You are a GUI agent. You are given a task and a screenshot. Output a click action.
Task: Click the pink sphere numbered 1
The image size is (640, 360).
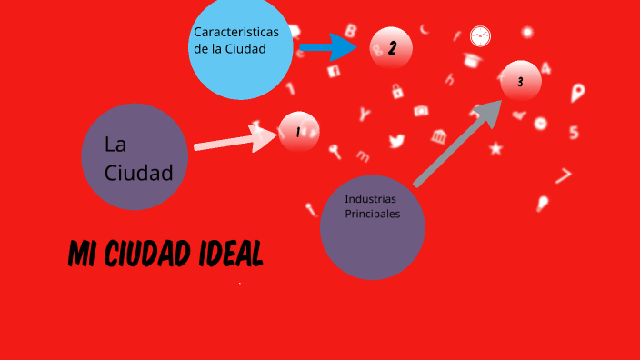point(298,132)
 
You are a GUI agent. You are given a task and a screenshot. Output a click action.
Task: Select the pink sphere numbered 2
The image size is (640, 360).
point(392,49)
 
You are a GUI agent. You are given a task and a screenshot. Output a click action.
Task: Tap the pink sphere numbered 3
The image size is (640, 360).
point(520,82)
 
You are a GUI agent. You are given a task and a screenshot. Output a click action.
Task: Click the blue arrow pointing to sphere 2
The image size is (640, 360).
point(327,45)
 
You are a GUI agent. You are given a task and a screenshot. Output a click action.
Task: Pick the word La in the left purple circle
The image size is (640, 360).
point(115,145)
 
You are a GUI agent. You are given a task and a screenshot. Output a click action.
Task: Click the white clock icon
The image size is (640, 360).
point(480,36)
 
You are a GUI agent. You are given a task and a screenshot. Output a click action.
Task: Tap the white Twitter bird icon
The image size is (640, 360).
point(396,141)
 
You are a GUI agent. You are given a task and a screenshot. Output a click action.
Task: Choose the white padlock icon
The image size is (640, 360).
point(397,91)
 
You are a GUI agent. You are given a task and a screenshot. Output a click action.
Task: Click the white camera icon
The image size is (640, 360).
point(421,111)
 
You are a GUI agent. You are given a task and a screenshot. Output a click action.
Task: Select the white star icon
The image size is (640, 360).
point(495,147)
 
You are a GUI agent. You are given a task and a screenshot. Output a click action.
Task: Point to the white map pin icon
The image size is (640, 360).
point(577,93)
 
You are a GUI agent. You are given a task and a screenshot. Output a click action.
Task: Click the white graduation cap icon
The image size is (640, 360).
point(472,61)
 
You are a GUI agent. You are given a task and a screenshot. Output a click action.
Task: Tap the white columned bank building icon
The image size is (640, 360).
point(440,136)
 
